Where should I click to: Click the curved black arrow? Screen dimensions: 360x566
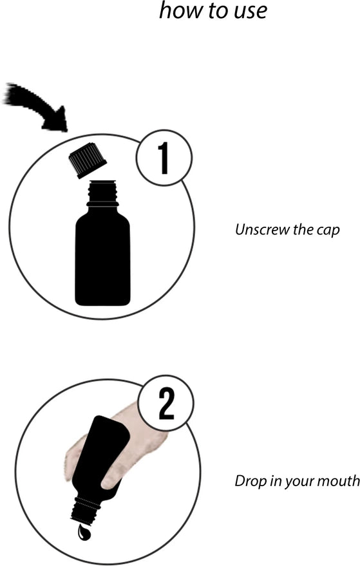[36, 106]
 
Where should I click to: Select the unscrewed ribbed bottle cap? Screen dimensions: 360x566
[88, 160]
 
